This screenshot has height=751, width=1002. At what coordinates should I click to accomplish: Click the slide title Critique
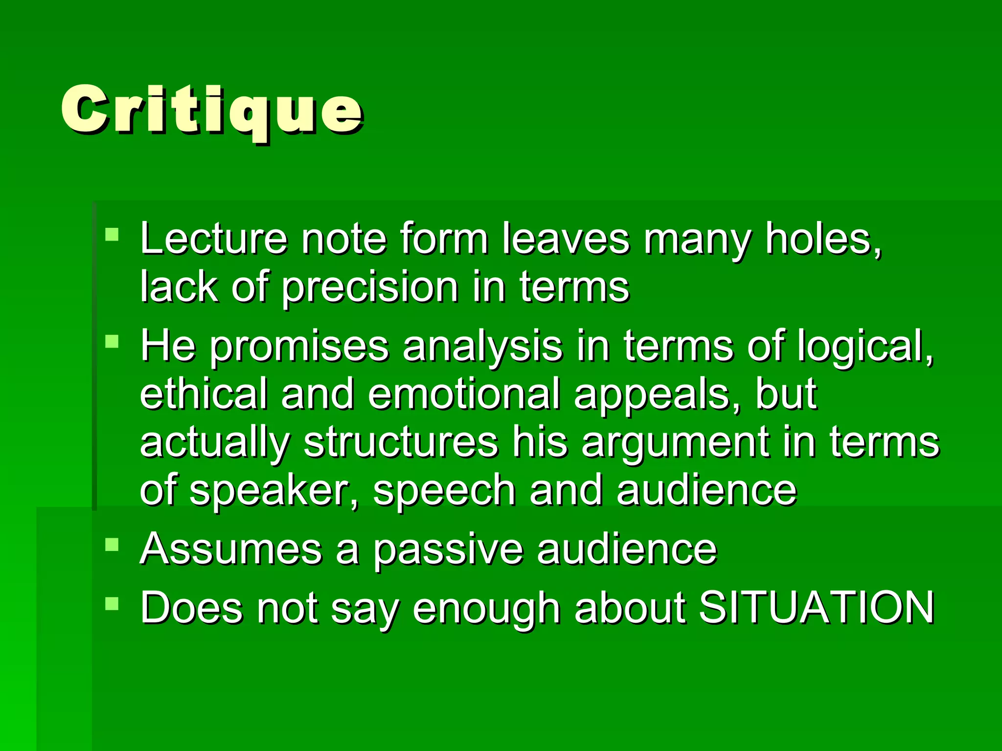tap(211, 110)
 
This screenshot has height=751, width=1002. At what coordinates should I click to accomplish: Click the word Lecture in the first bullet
tap(213, 239)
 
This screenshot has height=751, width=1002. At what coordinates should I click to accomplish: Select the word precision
tap(369, 287)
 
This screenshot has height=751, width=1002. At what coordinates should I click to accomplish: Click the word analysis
tap(482, 346)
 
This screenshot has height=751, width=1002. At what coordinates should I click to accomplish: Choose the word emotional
tap(464, 394)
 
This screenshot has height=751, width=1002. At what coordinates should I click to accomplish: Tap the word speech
tap(444, 490)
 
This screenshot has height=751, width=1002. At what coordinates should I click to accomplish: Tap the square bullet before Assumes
tap(112, 544)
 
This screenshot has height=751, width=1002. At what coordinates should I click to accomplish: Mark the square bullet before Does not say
tap(112, 604)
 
